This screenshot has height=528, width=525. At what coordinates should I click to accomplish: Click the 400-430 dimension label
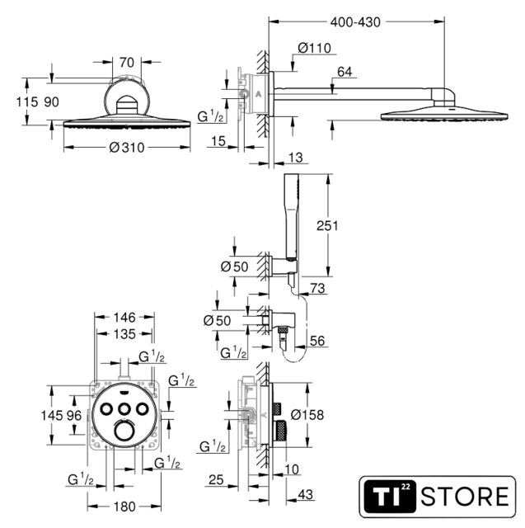[355, 22]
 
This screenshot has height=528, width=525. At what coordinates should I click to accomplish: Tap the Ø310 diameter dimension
[127, 148]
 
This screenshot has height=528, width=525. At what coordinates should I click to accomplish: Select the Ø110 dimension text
[315, 48]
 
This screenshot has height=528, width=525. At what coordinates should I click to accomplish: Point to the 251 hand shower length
[327, 225]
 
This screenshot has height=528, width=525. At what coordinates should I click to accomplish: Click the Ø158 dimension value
[307, 415]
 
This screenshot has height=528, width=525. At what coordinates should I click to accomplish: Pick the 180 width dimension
[124, 507]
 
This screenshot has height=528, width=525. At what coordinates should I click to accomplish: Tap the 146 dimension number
[124, 317]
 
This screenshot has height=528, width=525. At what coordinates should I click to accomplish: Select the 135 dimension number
[124, 334]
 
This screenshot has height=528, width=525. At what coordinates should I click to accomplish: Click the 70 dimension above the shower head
[127, 63]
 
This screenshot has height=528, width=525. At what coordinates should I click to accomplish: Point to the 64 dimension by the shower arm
[345, 72]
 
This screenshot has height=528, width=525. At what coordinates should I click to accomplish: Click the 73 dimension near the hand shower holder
[317, 288]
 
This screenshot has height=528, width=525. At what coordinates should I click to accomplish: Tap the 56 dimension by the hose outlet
[317, 341]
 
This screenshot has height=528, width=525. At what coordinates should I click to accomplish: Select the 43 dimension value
[306, 494]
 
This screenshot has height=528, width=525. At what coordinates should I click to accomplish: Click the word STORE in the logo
[465, 497]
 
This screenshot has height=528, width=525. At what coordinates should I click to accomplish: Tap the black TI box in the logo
[390, 497]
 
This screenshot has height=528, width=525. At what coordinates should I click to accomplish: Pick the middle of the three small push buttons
[124, 409]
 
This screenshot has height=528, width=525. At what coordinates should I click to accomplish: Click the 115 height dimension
[27, 101]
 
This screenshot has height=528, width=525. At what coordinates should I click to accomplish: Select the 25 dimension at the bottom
[216, 479]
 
